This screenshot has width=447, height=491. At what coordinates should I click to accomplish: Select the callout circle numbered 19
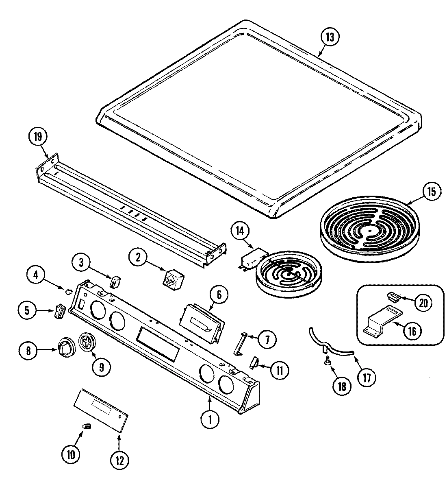38,137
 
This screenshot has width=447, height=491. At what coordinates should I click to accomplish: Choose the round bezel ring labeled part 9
86,340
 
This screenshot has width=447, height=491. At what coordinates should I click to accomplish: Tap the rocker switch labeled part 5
59,311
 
